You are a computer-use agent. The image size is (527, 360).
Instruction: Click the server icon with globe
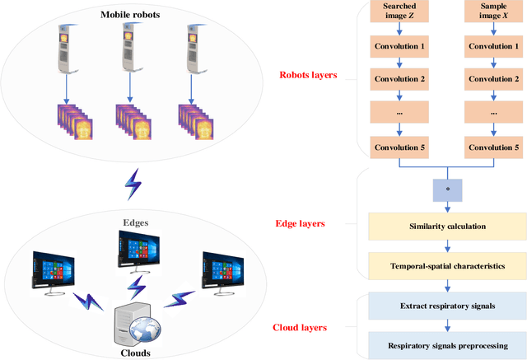coord(137,323)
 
